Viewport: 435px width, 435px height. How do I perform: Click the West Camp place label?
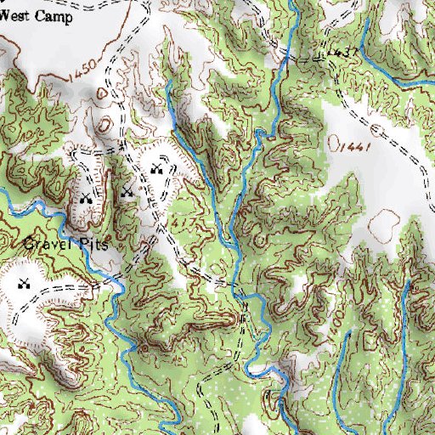36,16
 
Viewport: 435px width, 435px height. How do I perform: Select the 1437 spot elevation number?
342,53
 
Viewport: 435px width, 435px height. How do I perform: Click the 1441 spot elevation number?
356,148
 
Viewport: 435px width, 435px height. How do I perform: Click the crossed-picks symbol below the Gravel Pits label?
25,283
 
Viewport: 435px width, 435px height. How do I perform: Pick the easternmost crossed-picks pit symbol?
155,170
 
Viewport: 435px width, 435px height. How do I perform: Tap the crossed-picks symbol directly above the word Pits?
85,199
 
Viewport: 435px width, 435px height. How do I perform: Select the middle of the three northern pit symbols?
127,190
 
